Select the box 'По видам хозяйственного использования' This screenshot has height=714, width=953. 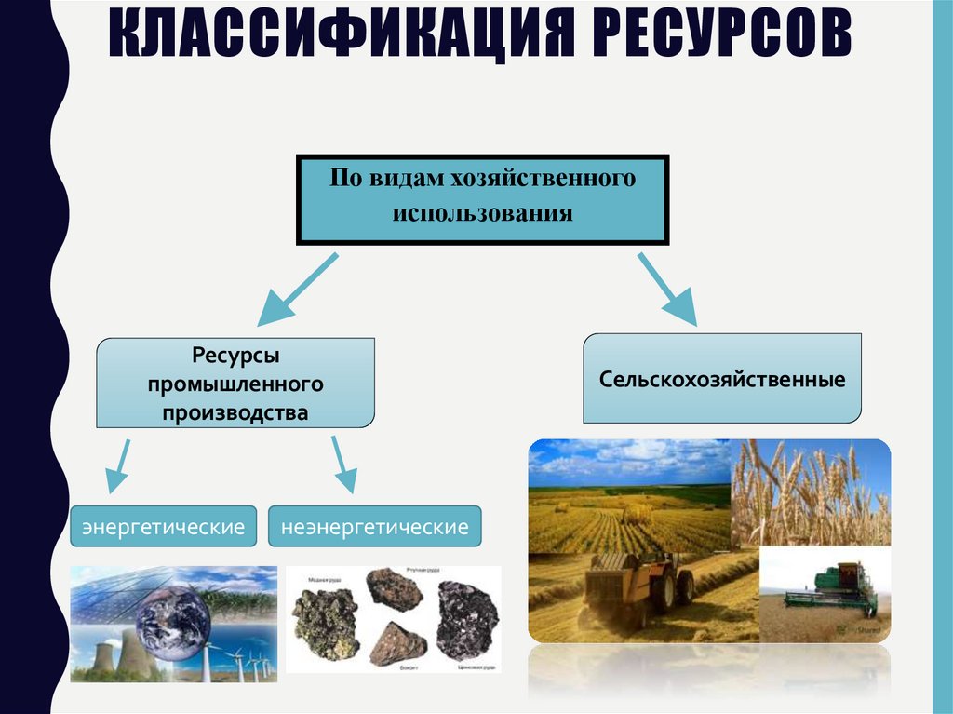[x=481, y=200]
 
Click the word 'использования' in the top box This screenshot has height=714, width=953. [x=481, y=214]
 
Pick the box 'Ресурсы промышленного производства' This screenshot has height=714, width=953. [x=235, y=383]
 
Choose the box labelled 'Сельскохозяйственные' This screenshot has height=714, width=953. [x=722, y=380]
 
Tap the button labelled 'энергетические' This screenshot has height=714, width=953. [x=164, y=527]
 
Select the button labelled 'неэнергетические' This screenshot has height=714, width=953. [x=375, y=527]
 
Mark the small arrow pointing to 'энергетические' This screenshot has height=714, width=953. [x=118, y=465]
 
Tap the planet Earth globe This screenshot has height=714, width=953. [x=172, y=614]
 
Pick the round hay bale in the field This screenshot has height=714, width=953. [x=637, y=513]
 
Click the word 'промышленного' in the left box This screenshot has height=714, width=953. [x=235, y=383]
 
